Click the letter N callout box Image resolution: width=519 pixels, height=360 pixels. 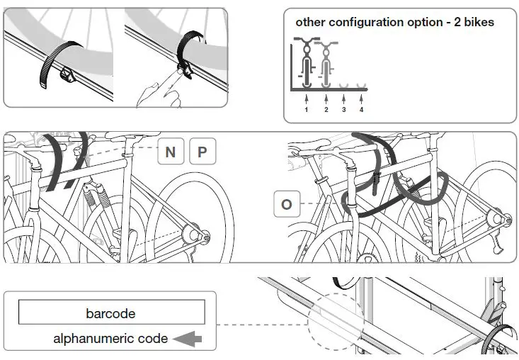pyautogui.click(x=171, y=152)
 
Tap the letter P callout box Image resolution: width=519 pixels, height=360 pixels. pyautogui.click(x=203, y=152)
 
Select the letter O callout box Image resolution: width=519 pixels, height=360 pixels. pyautogui.click(x=287, y=205)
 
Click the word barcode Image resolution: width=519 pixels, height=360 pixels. pyautogui.click(x=110, y=313)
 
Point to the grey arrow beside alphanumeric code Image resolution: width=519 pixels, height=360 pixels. pyautogui.click(x=188, y=339)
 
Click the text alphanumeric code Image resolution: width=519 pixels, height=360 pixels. pyautogui.click(x=110, y=339)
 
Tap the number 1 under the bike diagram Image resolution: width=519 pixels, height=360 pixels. pyautogui.click(x=306, y=110)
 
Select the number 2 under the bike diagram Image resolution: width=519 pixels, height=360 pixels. pyautogui.click(x=326, y=110)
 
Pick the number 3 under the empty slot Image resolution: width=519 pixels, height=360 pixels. pyautogui.click(x=344, y=110)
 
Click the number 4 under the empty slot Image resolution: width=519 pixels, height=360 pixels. pyautogui.click(x=361, y=110)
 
